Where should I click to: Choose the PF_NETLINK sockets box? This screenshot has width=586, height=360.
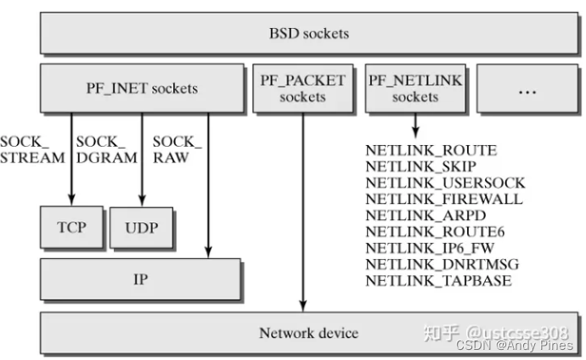point(414,88)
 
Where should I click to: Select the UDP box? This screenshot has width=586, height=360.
point(142,228)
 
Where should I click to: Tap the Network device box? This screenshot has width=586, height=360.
point(307,332)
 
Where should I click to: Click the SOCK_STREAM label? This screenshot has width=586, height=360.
point(32,149)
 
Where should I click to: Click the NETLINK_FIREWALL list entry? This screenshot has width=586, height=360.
point(443,199)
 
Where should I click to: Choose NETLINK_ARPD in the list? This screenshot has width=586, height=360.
point(425,215)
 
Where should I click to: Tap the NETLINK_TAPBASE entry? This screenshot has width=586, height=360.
point(438,279)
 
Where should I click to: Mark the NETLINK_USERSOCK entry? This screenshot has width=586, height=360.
point(445,183)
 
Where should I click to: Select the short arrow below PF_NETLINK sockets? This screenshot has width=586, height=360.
point(414,126)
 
